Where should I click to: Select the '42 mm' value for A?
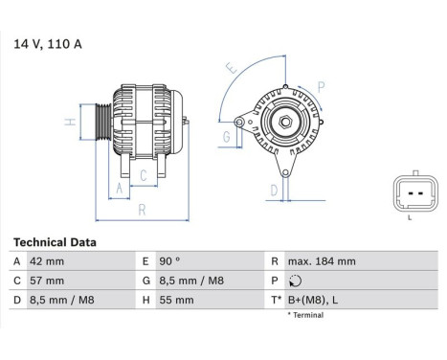[49, 261]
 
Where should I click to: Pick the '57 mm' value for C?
[49, 281]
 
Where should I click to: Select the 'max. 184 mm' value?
[323, 261]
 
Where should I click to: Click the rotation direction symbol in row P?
[294, 281]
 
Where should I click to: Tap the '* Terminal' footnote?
[305, 315]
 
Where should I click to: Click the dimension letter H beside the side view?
[70, 122]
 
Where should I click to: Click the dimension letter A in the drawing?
[121, 189]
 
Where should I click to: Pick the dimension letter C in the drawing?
[142, 175]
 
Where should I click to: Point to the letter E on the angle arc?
[230, 68]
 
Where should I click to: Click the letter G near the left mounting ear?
[226, 137]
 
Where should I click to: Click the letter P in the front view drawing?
[321, 85]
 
